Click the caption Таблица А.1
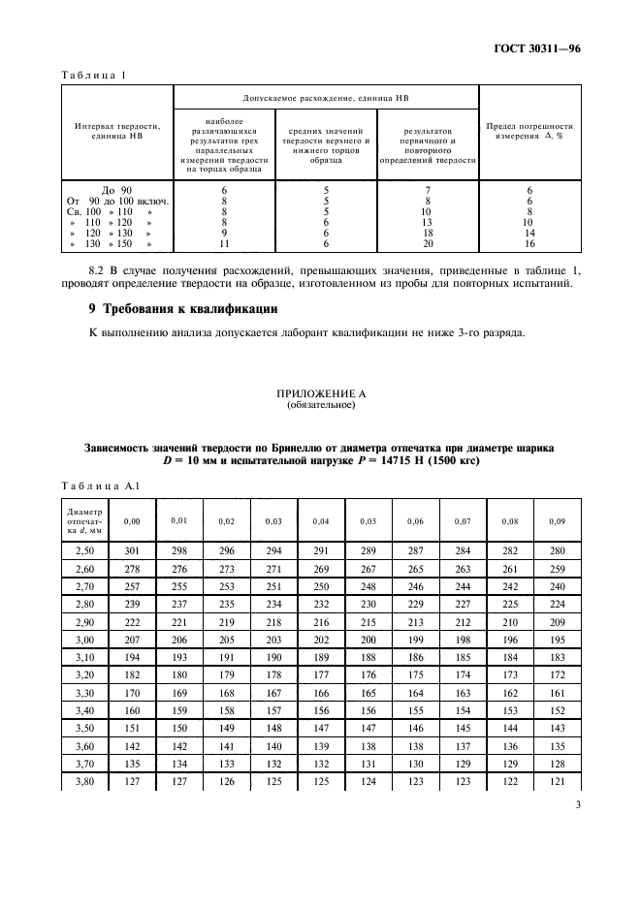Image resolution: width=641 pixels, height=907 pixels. click(x=94, y=485)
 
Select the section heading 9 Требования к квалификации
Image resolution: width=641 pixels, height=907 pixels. click(x=184, y=309)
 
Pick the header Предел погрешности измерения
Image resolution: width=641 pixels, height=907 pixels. click(x=529, y=131)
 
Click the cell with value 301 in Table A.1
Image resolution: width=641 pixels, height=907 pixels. click(x=132, y=551)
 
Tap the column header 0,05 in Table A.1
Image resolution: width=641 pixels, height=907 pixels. click(x=369, y=521)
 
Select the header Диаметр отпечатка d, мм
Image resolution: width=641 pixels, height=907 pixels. click(x=81, y=521)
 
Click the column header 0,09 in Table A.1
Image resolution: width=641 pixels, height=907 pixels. click(x=556, y=521)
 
